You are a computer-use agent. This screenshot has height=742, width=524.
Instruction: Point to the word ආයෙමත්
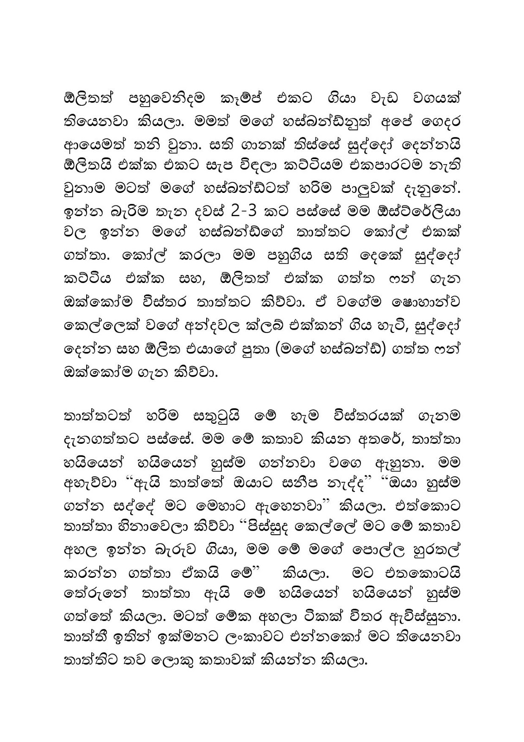[93, 149]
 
